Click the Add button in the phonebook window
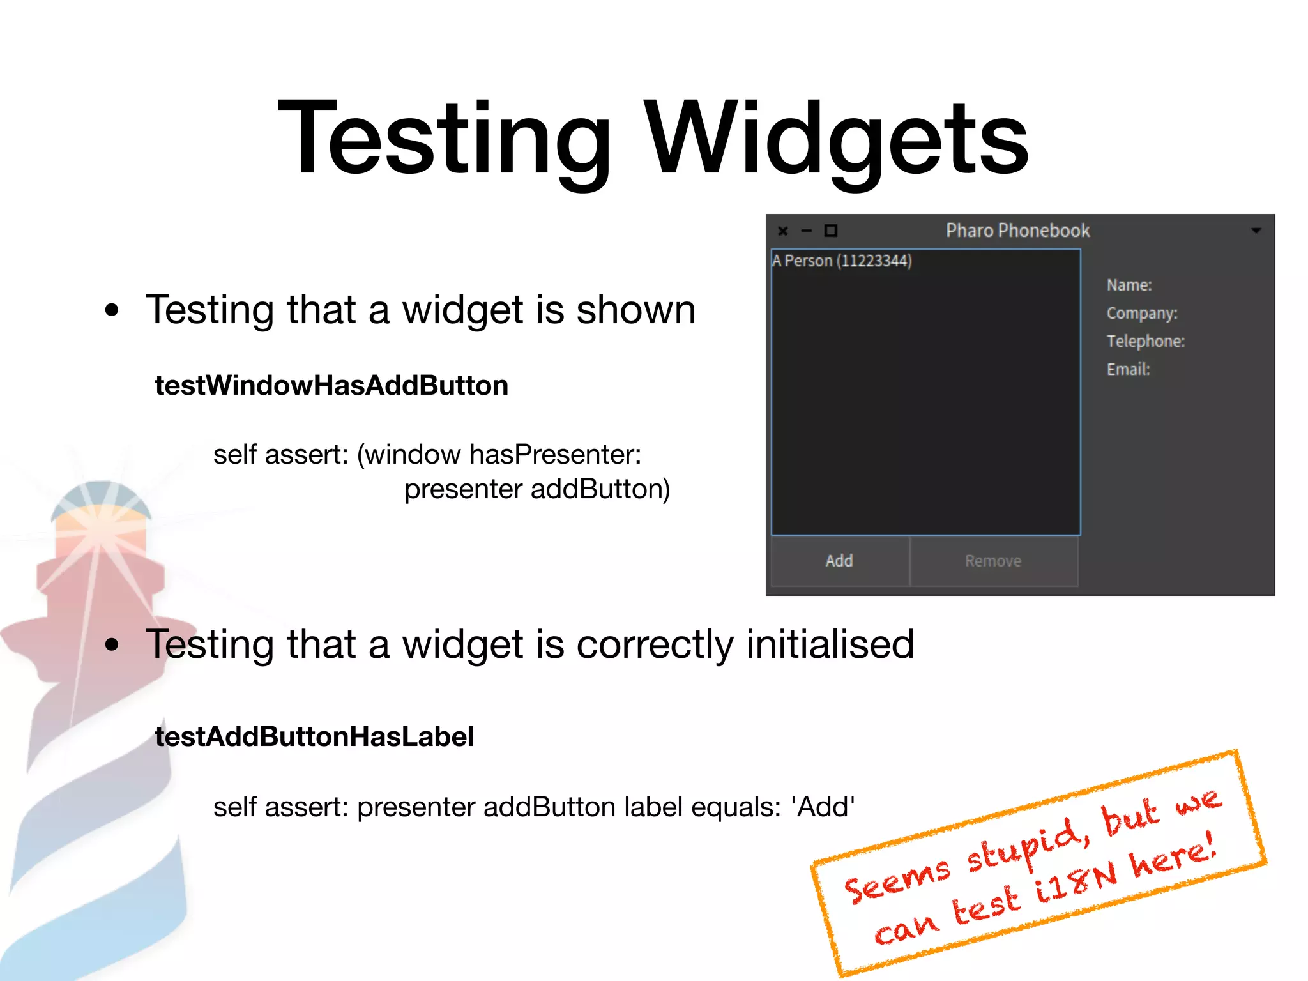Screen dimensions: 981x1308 tap(839, 561)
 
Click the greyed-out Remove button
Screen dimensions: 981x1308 tap(993, 561)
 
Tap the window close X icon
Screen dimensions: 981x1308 tap(783, 231)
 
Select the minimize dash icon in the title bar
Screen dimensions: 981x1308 tap(807, 231)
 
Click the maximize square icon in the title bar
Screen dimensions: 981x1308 tap(831, 231)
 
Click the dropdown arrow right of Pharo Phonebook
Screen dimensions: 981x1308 tap(1256, 231)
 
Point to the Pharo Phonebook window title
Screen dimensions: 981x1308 tap(1017, 231)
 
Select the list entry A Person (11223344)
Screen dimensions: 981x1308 tap(842, 261)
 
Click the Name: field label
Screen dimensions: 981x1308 tap(1129, 285)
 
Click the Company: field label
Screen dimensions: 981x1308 tap(1142, 313)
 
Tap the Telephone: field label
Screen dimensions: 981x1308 tap(1146, 341)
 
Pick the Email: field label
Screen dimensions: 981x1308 tap(1128, 369)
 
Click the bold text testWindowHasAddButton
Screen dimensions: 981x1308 tap(331, 386)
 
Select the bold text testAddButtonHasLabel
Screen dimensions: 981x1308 tap(314, 736)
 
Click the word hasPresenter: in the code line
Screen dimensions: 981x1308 tap(555, 455)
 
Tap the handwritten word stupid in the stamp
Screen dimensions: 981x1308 tap(1028, 846)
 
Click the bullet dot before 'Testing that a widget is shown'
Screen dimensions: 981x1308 tap(112, 310)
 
